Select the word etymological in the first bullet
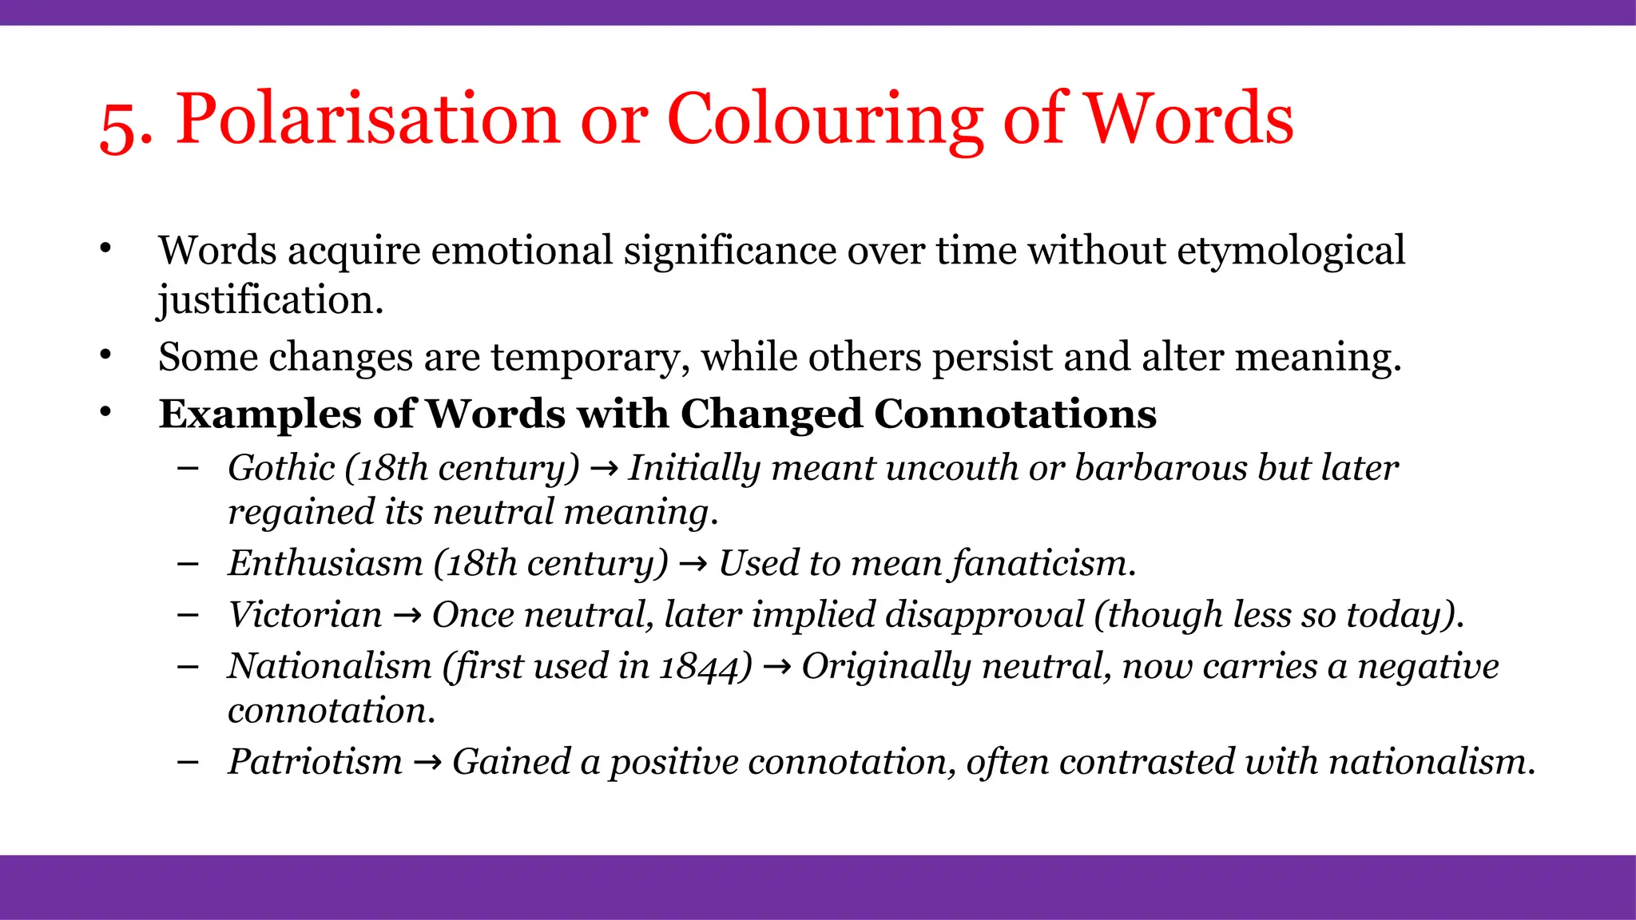(1291, 251)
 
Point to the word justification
(270, 300)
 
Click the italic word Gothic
(281, 468)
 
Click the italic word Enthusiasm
(325, 563)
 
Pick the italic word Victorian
(305, 615)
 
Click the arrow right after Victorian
(407, 616)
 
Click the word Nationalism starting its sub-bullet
(329, 666)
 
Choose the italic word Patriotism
(315, 762)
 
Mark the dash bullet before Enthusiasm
(189, 564)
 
